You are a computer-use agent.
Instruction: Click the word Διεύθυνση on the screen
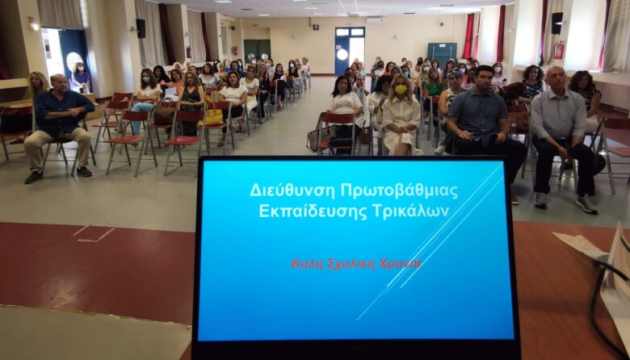click(292, 190)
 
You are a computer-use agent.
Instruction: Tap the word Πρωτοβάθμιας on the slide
click(399, 190)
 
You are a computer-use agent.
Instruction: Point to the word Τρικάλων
click(410, 211)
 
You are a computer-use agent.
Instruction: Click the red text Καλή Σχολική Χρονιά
click(356, 264)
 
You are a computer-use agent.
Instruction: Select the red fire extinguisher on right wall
click(558, 50)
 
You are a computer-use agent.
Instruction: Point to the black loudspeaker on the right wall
click(556, 23)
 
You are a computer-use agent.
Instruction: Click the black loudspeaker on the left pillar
click(141, 28)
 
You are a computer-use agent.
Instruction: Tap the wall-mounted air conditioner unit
click(376, 21)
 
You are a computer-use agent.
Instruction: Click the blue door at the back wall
click(350, 51)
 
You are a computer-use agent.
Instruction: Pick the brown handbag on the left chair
click(164, 112)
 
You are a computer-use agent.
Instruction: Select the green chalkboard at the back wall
click(442, 54)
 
